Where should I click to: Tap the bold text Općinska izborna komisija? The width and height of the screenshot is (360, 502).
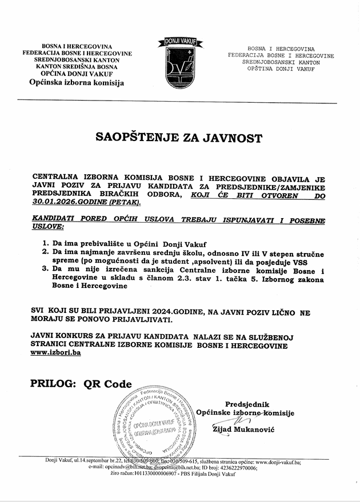tap(77, 83)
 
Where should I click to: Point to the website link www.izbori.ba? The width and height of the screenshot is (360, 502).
tap(55, 354)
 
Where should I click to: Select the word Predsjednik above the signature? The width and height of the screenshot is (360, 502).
tap(247, 404)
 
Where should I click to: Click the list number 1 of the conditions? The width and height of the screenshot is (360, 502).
tap(46, 243)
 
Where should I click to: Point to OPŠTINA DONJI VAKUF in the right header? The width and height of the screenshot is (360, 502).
tap(280, 69)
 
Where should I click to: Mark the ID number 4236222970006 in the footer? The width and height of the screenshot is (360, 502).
tap(230, 468)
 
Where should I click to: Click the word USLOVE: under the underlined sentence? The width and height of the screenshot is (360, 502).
tap(49, 227)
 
